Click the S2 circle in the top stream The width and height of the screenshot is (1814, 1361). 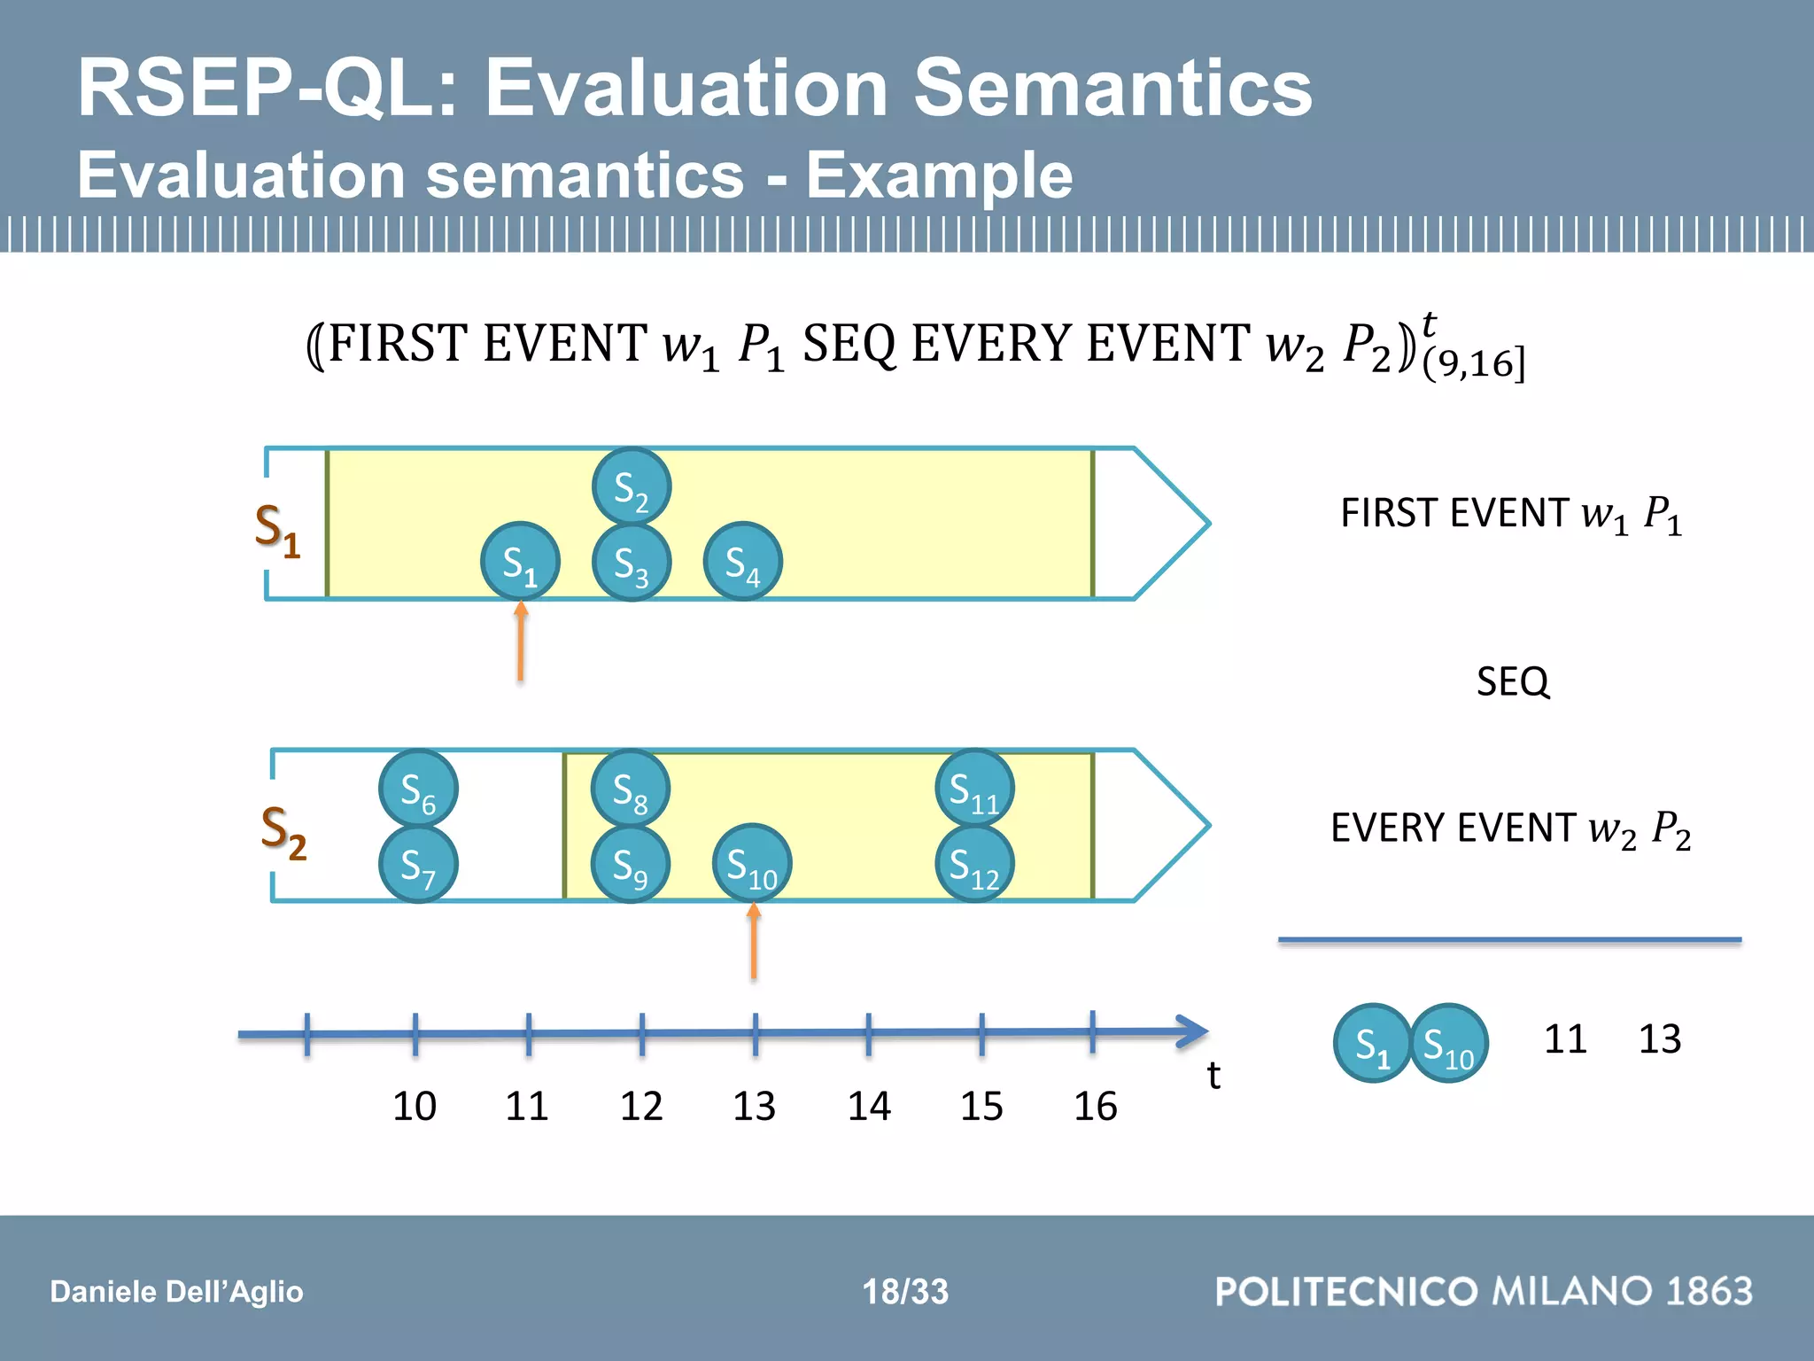coord(631,487)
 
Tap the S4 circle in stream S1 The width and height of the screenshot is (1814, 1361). coord(742,562)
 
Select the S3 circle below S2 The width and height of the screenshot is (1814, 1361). coord(631,563)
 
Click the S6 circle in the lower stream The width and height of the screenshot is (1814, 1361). coord(417,789)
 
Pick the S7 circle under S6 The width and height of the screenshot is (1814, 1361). coord(417,864)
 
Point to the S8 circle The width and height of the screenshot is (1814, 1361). coord(630,789)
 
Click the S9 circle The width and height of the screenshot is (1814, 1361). coord(630,864)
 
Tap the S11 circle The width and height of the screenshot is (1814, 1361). coord(974,789)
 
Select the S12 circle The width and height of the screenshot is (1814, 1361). coord(974,864)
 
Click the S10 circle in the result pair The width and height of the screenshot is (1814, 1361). coord(1449,1044)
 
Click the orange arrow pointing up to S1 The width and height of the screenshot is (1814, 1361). coord(521,642)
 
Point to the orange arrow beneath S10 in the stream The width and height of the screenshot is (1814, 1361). coord(754,941)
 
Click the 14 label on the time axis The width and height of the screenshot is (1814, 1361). coord(868,1106)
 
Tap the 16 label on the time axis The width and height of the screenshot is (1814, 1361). coord(1095,1106)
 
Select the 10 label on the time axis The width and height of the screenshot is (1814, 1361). coord(414,1106)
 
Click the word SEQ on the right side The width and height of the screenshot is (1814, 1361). coord(1513,682)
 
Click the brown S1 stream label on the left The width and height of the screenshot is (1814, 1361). coord(277,530)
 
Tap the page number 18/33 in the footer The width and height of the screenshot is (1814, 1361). coord(905,1291)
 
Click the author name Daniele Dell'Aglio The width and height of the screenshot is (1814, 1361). coord(176,1291)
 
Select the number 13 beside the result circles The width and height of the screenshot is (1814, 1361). coord(1659,1038)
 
